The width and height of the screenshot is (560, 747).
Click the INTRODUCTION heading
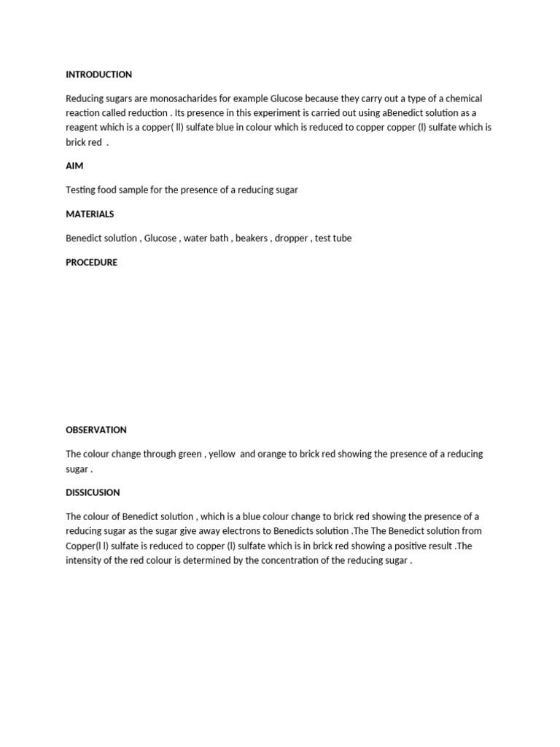point(98,74)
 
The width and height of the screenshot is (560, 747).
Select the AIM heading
point(74,166)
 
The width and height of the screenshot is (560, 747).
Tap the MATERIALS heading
point(90,214)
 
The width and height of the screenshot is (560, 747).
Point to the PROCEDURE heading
point(91,263)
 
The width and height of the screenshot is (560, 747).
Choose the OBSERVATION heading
point(96,430)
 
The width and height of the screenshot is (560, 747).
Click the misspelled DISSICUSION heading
point(93,492)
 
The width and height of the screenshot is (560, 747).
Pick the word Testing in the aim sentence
point(82,190)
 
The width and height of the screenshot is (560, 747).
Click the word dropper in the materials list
point(291,239)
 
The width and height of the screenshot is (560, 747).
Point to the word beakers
point(252,239)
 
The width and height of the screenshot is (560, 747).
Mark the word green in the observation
point(190,454)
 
